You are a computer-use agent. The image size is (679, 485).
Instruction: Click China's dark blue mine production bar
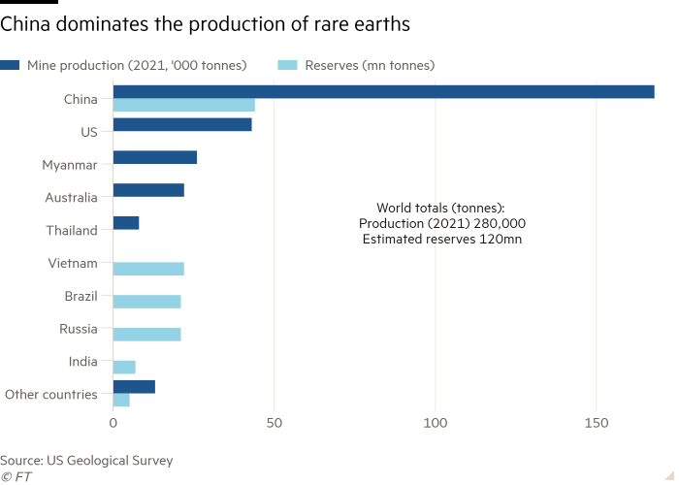(x=383, y=91)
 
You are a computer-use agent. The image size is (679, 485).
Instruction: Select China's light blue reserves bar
(x=184, y=105)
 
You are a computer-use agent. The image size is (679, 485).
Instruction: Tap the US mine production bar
(x=182, y=125)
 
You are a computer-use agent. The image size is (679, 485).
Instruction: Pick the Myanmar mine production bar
(x=155, y=157)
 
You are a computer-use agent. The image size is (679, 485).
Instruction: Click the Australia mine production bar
(x=148, y=190)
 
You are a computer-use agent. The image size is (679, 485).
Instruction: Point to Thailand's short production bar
(x=126, y=223)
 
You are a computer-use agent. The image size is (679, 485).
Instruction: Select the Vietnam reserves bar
(x=148, y=269)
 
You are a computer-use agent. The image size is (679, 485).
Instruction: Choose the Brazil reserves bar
(x=147, y=302)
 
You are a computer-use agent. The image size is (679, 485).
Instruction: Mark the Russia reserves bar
(x=147, y=334)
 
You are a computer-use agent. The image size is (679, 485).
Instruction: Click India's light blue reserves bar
(x=124, y=367)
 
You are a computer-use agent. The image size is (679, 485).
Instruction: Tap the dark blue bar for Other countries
(x=134, y=386)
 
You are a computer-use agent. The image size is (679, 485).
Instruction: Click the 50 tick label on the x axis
(x=275, y=424)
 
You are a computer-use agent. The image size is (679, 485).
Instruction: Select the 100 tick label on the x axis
(x=436, y=424)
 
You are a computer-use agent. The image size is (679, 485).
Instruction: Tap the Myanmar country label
(x=70, y=165)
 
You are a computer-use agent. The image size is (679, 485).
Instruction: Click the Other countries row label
(x=51, y=394)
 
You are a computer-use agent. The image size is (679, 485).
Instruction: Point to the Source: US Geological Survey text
(x=87, y=461)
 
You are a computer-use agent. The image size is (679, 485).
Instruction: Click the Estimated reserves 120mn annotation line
(x=441, y=239)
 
